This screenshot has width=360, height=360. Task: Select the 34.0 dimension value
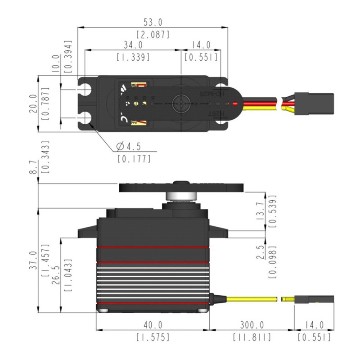[133, 45]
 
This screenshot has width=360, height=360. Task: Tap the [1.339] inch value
[133, 57]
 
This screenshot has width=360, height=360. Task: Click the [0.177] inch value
[134, 158]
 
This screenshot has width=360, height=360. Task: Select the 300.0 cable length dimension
[251, 325]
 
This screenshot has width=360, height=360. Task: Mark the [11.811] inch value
[251, 337]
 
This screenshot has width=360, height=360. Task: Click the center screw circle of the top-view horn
[181, 104]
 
